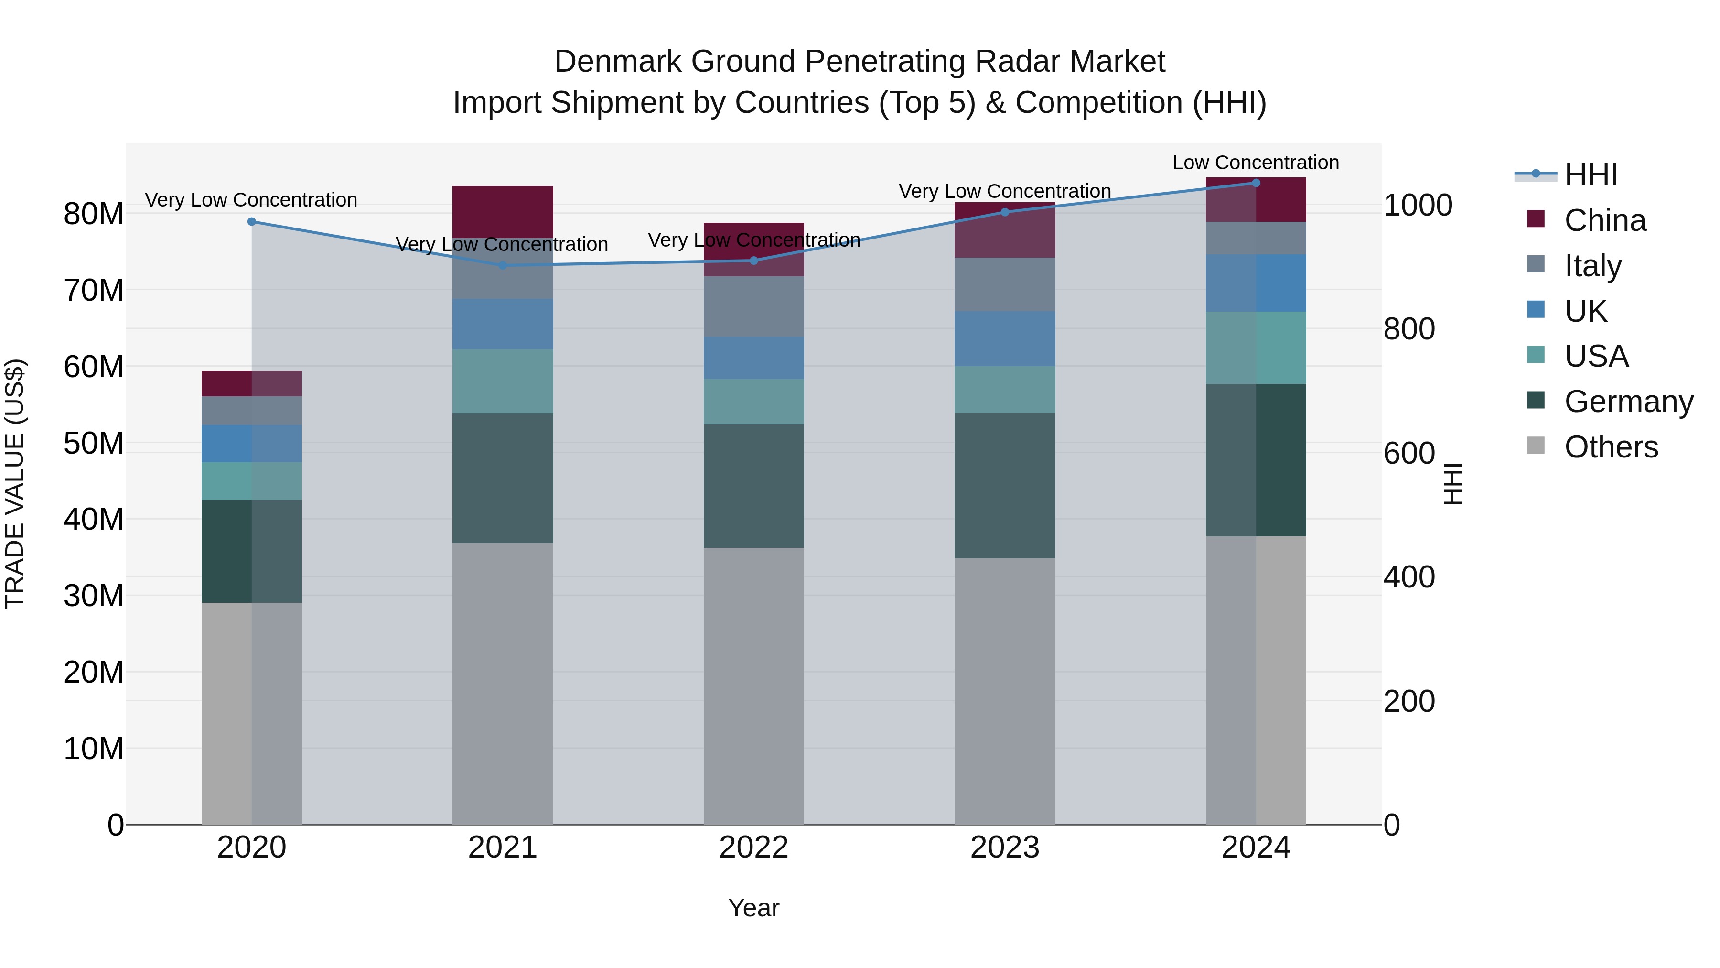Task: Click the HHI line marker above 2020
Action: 252,222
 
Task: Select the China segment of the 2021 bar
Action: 502,211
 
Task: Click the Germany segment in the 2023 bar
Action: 1004,486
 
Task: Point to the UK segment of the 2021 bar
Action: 502,324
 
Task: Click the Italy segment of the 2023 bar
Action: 1004,284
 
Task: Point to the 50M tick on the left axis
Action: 94,444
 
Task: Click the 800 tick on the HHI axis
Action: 1409,329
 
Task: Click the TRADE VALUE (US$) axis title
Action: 15,484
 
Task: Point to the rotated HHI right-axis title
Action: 1453,484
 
